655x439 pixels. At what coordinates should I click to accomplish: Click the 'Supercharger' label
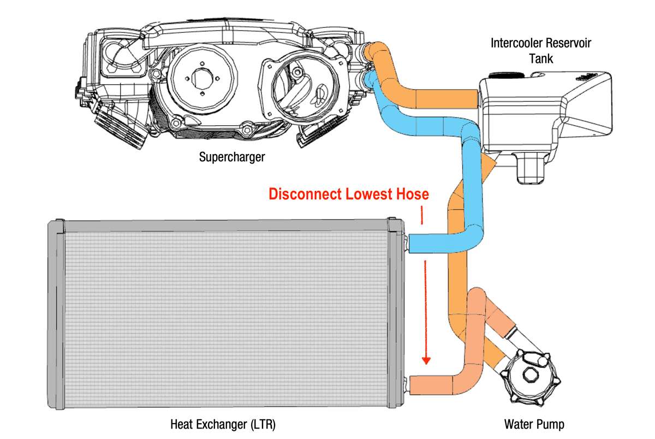point(232,157)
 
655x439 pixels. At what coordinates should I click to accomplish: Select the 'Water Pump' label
point(534,424)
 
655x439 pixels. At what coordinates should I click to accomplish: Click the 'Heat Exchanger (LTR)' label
point(223,424)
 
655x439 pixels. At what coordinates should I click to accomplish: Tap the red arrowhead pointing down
point(426,360)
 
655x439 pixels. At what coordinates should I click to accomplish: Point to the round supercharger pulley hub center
point(202,79)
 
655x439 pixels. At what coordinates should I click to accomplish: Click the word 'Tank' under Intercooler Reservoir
point(541,58)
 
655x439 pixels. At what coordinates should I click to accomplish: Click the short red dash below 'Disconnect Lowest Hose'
point(422,215)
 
